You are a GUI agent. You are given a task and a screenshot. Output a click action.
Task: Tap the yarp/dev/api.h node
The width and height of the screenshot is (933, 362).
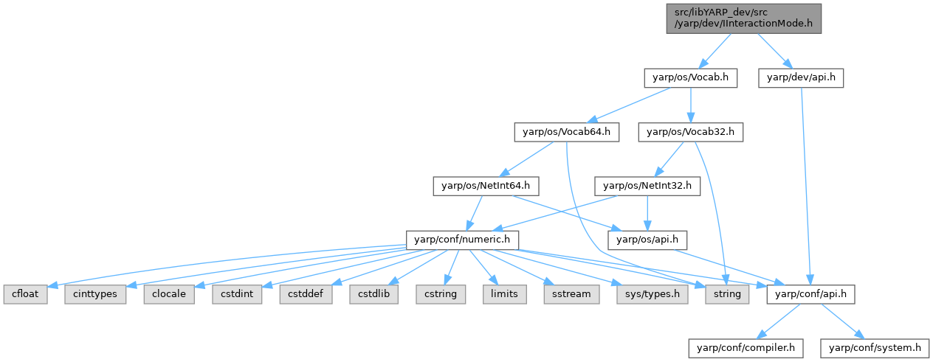point(801,76)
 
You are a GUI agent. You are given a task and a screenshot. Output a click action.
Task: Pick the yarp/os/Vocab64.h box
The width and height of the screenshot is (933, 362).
point(567,133)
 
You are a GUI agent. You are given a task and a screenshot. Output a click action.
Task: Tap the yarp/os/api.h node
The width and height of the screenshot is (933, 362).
point(647,240)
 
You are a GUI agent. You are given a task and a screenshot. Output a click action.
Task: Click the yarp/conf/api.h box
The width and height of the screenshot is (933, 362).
point(811,293)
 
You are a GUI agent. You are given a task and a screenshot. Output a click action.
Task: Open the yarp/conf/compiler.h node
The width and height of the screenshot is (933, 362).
point(746,347)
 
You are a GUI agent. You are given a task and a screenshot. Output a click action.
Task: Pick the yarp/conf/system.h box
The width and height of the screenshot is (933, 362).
point(875,347)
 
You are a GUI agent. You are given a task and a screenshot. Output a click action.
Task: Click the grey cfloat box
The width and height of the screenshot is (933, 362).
point(25,293)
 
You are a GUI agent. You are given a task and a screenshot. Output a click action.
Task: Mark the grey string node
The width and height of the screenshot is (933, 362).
point(726,293)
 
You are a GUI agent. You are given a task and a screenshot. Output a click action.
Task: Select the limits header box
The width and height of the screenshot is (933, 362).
point(504,293)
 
